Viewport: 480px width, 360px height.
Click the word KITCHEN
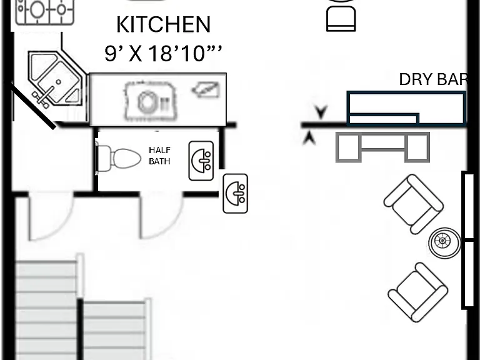(164, 24)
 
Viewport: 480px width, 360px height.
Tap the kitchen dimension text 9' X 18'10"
(162, 53)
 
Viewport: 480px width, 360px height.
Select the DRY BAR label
(434, 79)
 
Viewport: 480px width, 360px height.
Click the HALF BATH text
(159, 156)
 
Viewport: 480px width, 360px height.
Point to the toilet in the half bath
(119, 157)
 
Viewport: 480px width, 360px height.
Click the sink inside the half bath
(201, 161)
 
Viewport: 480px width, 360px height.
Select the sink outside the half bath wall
(236, 194)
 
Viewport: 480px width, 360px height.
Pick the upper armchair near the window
(413, 204)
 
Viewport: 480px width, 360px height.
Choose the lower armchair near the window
(418, 292)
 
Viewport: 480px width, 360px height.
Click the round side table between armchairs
(444, 242)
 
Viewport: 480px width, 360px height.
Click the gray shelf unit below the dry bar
(382, 147)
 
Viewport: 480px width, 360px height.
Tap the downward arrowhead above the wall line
(321, 112)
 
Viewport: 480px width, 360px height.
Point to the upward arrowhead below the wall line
(309, 137)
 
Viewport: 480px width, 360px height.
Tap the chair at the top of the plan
(341, 15)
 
